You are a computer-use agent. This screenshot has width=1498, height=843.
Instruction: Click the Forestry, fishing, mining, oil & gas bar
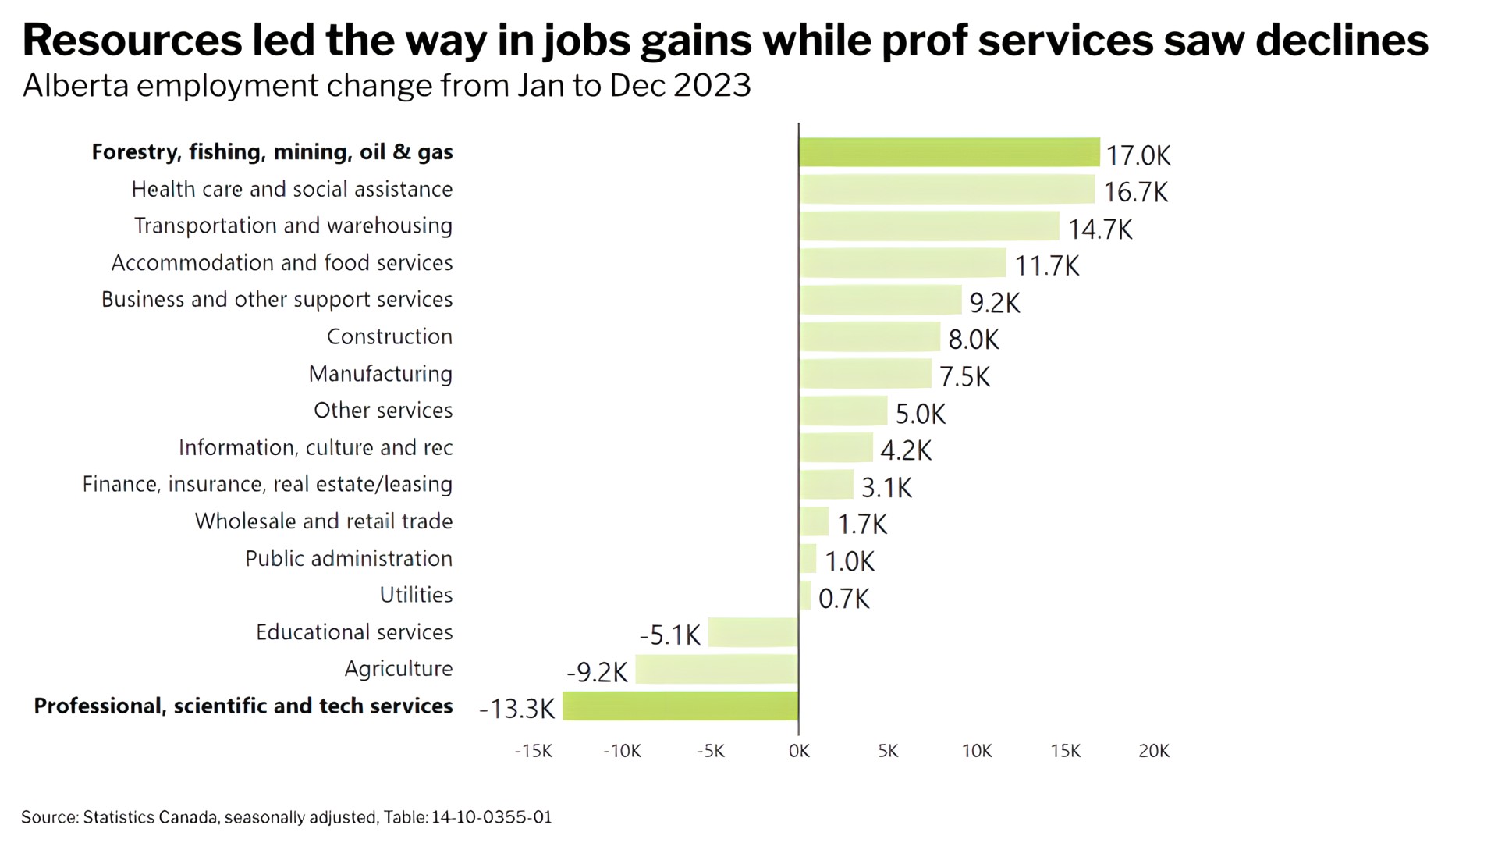(x=949, y=152)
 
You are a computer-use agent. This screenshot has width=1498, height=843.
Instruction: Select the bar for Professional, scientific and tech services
(x=680, y=706)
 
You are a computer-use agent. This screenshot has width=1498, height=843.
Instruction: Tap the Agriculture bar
(x=716, y=669)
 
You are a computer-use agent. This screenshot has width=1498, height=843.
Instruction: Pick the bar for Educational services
(x=753, y=632)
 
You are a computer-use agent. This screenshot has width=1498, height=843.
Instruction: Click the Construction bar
(x=869, y=337)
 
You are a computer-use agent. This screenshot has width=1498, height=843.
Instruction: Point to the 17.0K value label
(x=1138, y=155)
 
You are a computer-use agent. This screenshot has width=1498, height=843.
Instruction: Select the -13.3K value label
(x=517, y=709)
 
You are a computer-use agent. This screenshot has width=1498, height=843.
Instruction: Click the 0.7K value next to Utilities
(x=843, y=599)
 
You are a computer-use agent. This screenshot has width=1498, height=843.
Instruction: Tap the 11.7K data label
(x=1047, y=266)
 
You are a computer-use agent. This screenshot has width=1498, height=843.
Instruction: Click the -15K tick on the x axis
(x=534, y=751)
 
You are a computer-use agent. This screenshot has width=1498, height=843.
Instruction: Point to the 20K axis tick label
(x=1154, y=751)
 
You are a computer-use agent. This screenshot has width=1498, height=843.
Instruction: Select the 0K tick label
(x=799, y=751)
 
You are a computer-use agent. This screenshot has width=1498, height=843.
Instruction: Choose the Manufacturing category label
(x=380, y=374)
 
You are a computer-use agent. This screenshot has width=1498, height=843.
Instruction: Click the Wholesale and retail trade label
(x=323, y=521)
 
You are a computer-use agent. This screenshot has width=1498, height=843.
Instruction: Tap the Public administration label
(x=349, y=558)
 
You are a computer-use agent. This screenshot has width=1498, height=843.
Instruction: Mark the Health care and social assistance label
(x=292, y=189)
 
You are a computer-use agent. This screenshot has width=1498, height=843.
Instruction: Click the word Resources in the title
(x=132, y=41)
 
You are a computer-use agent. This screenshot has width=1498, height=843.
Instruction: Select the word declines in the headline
(x=1342, y=41)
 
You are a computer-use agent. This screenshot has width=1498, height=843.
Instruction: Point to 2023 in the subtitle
(x=712, y=85)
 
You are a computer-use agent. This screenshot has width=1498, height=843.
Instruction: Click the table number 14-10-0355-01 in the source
(x=492, y=817)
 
